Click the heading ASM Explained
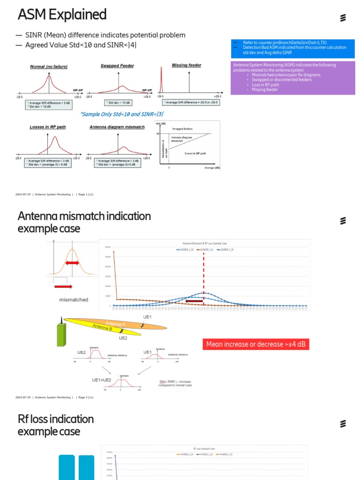tap(62, 15)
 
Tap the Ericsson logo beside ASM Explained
tap(343, 18)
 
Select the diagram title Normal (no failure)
tap(49, 67)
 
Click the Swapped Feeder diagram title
tap(117, 66)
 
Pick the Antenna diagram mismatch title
tap(117, 127)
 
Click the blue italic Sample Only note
tap(121, 114)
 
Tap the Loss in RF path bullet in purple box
tap(265, 85)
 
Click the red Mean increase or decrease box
tap(256, 345)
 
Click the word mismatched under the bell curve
tap(74, 300)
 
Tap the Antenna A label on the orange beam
tap(115, 324)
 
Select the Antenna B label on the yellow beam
tap(102, 328)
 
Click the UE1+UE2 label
tap(101, 380)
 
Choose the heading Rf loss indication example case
tap(55, 425)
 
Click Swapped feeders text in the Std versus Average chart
tap(182, 128)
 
